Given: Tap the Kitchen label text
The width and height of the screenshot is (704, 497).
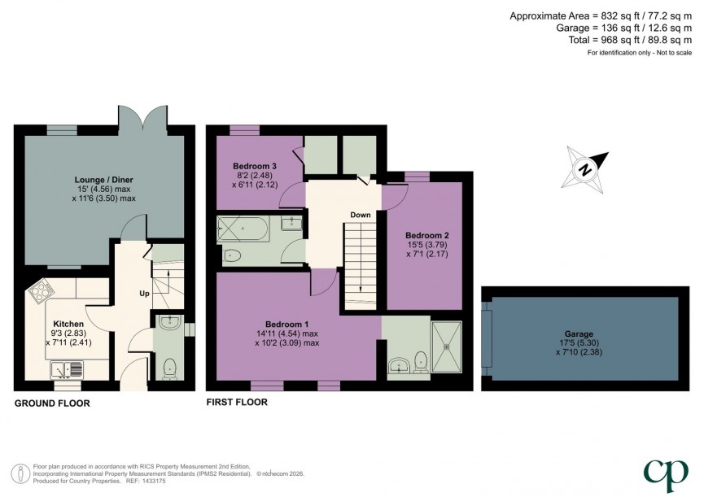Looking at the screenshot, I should [x=68, y=324].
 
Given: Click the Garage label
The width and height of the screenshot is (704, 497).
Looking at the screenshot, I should [x=580, y=334].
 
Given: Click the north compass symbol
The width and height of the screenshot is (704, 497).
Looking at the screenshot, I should [x=585, y=168].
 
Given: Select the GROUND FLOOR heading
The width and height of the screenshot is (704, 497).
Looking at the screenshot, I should [x=52, y=403].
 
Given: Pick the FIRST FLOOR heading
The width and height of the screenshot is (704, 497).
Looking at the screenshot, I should [x=237, y=402].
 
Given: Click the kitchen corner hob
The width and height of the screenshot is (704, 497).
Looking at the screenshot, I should [x=40, y=290].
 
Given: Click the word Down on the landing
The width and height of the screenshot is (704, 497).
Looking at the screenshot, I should [x=361, y=216].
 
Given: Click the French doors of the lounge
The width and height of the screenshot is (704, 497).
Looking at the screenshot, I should [x=143, y=119].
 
